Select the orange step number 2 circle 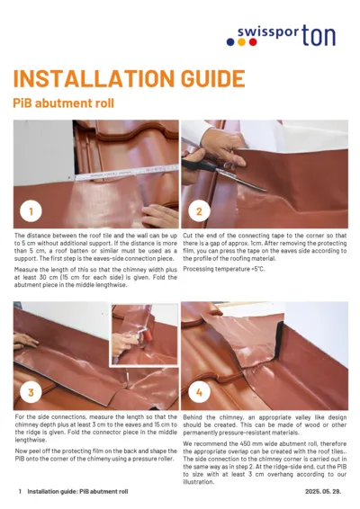click(199, 212)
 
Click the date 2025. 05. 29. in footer click(325, 492)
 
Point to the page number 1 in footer click(20, 492)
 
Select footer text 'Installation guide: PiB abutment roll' click(77, 492)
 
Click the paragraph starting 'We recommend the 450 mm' click(265, 462)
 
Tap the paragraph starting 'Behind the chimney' click(265, 426)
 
